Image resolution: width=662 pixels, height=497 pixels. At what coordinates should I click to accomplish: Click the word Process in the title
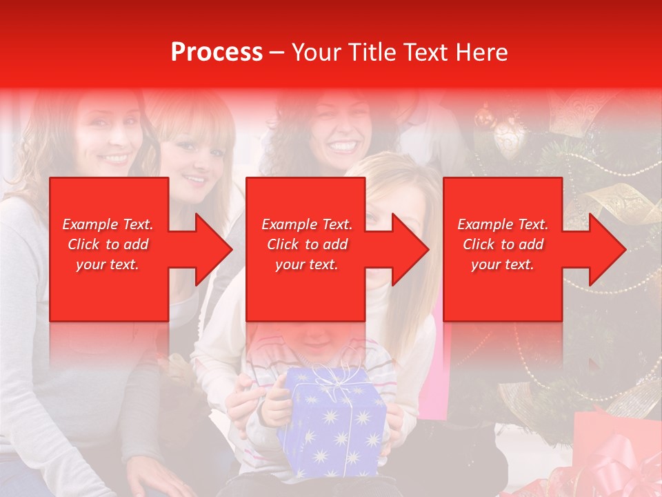coord(217,52)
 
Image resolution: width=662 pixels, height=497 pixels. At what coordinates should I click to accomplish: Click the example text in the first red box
coord(108,244)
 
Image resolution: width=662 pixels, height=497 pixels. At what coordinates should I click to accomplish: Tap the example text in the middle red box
coord(306,244)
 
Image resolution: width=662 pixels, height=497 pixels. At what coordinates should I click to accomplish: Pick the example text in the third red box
coord(503,244)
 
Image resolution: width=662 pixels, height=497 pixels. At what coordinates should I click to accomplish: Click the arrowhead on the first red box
coord(211,249)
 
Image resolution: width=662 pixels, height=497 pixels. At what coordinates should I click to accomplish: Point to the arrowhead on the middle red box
coord(408,249)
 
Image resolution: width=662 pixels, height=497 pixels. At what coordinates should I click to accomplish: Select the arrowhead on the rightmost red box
coord(605,249)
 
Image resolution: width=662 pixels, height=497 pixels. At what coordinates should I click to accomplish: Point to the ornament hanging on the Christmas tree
coord(509,138)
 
